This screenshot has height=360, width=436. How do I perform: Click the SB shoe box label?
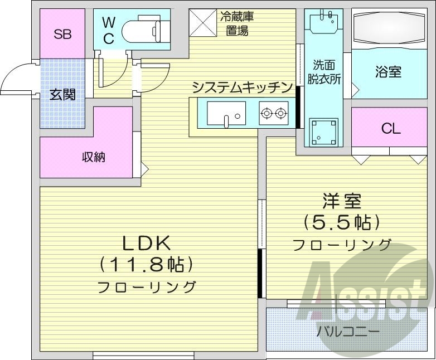(62, 35)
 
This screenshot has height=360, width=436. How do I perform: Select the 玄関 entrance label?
(62, 95)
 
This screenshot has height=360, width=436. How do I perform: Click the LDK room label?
(146, 243)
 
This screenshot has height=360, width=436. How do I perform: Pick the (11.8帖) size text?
(146, 264)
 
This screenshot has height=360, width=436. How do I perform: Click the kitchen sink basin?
(226, 113)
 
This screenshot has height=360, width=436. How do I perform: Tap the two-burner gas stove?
(273, 114)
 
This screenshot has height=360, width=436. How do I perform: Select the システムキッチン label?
(242, 87)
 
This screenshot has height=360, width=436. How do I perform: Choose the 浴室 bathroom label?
(387, 72)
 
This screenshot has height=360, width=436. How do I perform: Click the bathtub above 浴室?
(388, 28)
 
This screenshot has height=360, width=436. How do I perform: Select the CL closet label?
(390, 129)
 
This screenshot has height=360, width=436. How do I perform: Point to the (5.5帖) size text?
(341, 222)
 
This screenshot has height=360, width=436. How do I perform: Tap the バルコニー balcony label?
(348, 332)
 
